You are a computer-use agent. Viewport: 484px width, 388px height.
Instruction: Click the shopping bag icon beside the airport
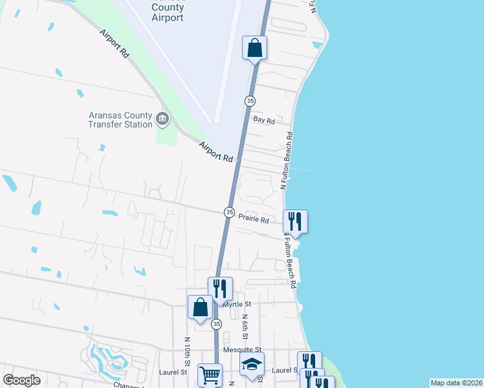[x=255, y=47]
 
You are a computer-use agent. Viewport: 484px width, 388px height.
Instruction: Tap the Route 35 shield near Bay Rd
[x=250, y=100]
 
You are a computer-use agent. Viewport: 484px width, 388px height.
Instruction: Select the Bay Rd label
[x=264, y=120]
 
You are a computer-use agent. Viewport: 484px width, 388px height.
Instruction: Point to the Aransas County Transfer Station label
[x=120, y=120]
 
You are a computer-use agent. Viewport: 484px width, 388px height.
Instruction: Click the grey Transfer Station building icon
[x=162, y=118]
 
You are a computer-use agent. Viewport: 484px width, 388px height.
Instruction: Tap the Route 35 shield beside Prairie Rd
[x=229, y=212]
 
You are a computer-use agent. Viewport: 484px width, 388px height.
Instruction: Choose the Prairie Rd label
[x=254, y=220]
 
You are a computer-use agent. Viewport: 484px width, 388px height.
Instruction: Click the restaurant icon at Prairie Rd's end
[x=295, y=221]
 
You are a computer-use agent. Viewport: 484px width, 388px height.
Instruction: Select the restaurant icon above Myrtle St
[x=220, y=288]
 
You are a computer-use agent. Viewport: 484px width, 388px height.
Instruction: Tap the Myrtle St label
[x=237, y=303]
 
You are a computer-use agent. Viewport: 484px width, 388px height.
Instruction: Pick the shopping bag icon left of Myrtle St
[x=200, y=307]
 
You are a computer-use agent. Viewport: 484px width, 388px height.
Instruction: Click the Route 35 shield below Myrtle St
[x=217, y=323]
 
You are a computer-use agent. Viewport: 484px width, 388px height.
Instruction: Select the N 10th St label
[x=186, y=349]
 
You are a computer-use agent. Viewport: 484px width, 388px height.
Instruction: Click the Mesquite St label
[x=237, y=350]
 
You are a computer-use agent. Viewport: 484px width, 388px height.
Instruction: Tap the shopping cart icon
[x=209, y=374]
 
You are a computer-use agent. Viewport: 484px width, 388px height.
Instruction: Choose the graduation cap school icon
[x=252, y=365]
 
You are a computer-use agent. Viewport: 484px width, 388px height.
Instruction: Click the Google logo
[x=21, y=380]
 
